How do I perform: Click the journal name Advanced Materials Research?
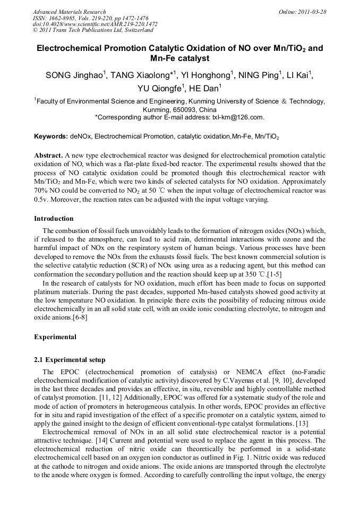[69, 12]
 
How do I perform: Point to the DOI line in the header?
[95, 24]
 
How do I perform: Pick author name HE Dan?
[204, 88]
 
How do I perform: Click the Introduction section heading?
[54, 218]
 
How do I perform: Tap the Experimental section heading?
[55, 337]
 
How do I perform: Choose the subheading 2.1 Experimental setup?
[70, 360]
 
